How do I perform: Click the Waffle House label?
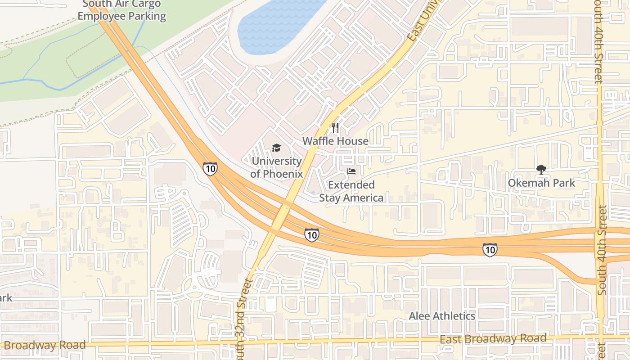pyautogui.click(x=335, y=141)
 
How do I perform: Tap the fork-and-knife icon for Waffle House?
pyautogui.click(x=335, y=128)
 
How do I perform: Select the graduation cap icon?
pyautogui.click(x=276, y=148)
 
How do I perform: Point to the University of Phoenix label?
pyautogui.click(x=276, y=167)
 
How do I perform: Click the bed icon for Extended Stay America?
pyautogui.click(x=351, y=171)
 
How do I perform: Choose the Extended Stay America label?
pyautogui.click(x=351, y=191)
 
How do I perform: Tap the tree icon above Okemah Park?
pyautogui.click(x=541, y=170)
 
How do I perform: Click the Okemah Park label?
pyautogui.click(x=541, y=183)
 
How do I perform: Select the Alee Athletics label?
pyautogui.click(x=442, y=316)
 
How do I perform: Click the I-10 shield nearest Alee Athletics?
pyautogui.click(x=490, y=250)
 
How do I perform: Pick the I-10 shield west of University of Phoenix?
pyautogui.click(x=210, y=169)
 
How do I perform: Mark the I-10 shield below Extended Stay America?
pyautogui.click(x=311, y=234)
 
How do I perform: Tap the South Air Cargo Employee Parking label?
pyautogui.click(x=121, y=11)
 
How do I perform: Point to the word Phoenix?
pyautogui.click(x=276, y=174)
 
